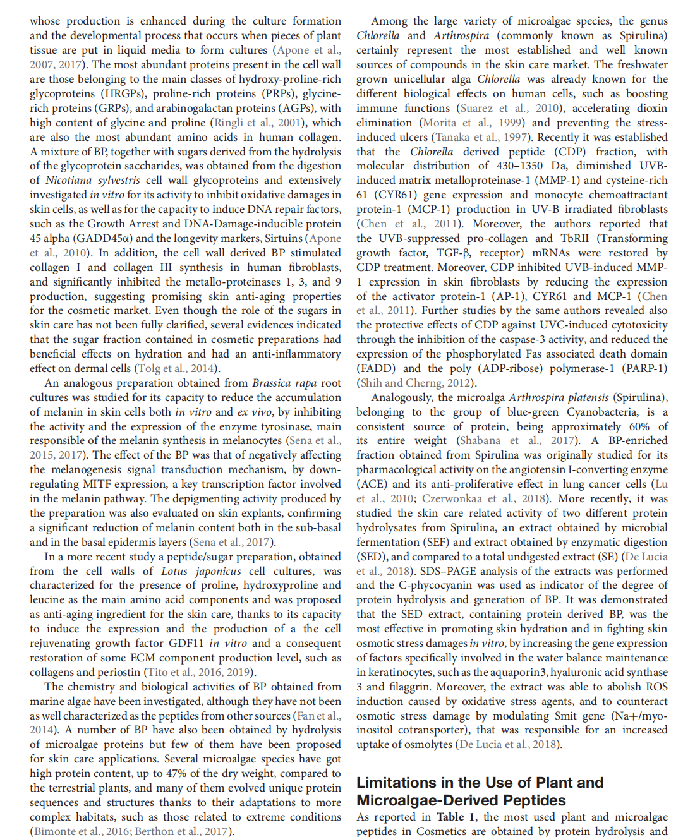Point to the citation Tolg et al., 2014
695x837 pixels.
[176, 368]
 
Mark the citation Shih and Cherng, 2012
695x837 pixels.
[416, 383]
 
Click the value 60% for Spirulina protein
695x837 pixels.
[639, 426]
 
